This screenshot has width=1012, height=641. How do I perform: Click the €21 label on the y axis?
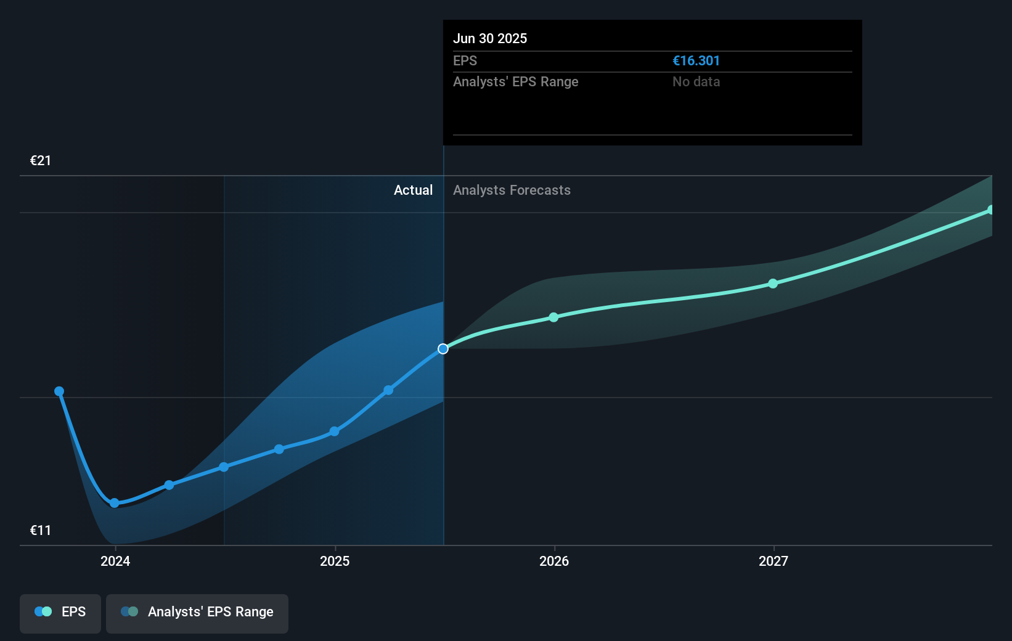click(x=41, y=161)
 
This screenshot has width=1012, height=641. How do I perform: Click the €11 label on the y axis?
click(x=41, y=531)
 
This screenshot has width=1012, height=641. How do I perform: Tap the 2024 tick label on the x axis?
click(x=115, y=561)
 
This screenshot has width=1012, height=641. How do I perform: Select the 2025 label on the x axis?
click(x=335, y=561)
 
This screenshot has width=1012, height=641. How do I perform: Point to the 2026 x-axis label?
click(x=554, y=561)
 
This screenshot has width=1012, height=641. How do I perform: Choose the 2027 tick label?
click(x=773, y=561)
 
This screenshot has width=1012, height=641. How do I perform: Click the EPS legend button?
click(x=60, y=612)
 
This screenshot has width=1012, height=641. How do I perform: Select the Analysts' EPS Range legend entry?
click(x=197, y=612)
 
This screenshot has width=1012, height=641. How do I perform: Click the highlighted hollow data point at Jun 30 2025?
click(x=443, y=349)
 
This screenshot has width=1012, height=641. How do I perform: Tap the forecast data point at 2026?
click(x=553, y=317)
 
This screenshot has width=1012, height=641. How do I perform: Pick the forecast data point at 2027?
click(x=773, y=284)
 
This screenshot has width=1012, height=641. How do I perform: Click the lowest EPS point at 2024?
click(x=115, y=503)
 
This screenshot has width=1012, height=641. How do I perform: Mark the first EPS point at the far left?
click(x=59, y=391)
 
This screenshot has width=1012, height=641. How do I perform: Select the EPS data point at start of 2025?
click(x=334, y=431)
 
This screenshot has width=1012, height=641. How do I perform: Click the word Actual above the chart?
click(x=413, y=190)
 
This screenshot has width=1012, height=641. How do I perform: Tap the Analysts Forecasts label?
click(x=512, y=190)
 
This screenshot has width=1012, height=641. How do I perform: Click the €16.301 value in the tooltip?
click(x=696, y=61)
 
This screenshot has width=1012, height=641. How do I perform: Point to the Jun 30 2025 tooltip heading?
click(x=490, y=38)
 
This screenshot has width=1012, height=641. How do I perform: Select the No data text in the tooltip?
click(x=696, y=82)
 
